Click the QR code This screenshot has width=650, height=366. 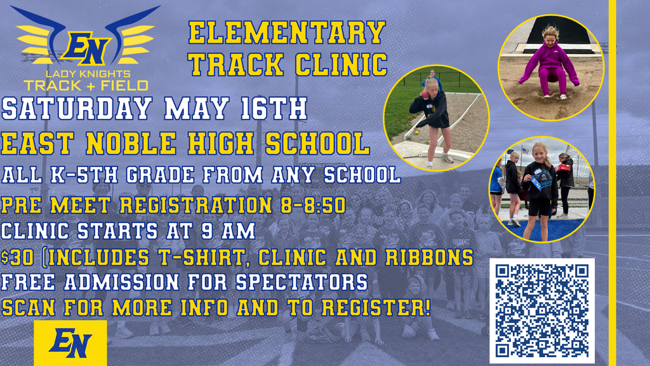tap(541, 309)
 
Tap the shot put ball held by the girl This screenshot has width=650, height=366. tap(424, 94)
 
